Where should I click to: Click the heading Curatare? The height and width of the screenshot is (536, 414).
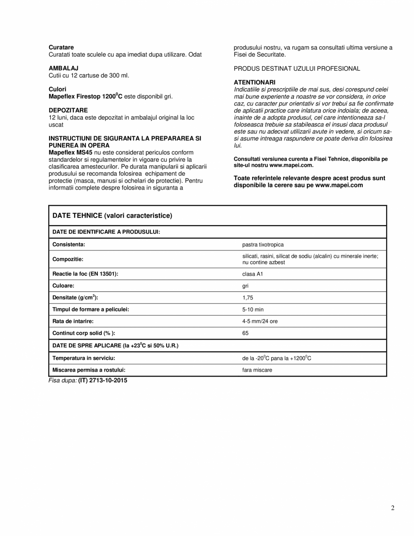(61, 47)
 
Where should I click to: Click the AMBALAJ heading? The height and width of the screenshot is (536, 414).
(63, 68)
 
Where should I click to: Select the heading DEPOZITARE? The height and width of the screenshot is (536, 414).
(68, 110)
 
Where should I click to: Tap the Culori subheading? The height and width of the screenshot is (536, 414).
(57, 89)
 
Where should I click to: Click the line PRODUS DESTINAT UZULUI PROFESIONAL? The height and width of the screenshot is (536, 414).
(297, 68)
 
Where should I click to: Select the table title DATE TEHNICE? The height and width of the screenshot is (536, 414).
(112, 216)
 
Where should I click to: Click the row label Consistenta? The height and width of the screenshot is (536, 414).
(68, 245)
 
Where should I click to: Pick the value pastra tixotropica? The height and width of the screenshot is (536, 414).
(263, 245)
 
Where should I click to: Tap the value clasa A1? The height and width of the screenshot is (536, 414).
(252, 274)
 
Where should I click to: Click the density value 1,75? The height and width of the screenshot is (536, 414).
(247, 298)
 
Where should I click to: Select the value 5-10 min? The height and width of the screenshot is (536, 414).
(253, 309)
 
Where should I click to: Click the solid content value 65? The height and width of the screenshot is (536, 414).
(246, 333)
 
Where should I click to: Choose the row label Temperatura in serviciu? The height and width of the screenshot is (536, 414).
(84, 358)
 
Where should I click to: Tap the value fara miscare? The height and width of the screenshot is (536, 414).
(257, 370)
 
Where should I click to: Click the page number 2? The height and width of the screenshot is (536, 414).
(392, 508)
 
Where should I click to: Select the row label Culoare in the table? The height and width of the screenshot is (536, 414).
(64, 286)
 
